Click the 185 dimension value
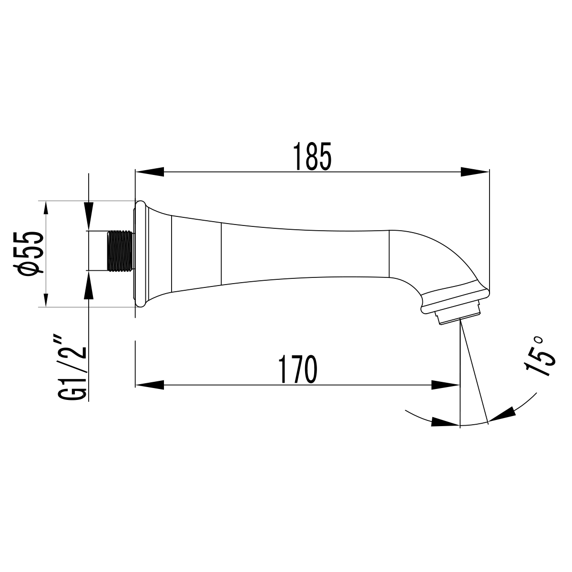pos(312,156)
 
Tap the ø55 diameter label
pos(28,254)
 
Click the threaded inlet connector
pos(121,251)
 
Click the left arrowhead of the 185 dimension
pos(150,172)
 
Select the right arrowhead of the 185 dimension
pos(475,172)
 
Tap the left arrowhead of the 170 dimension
pos(150,385)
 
